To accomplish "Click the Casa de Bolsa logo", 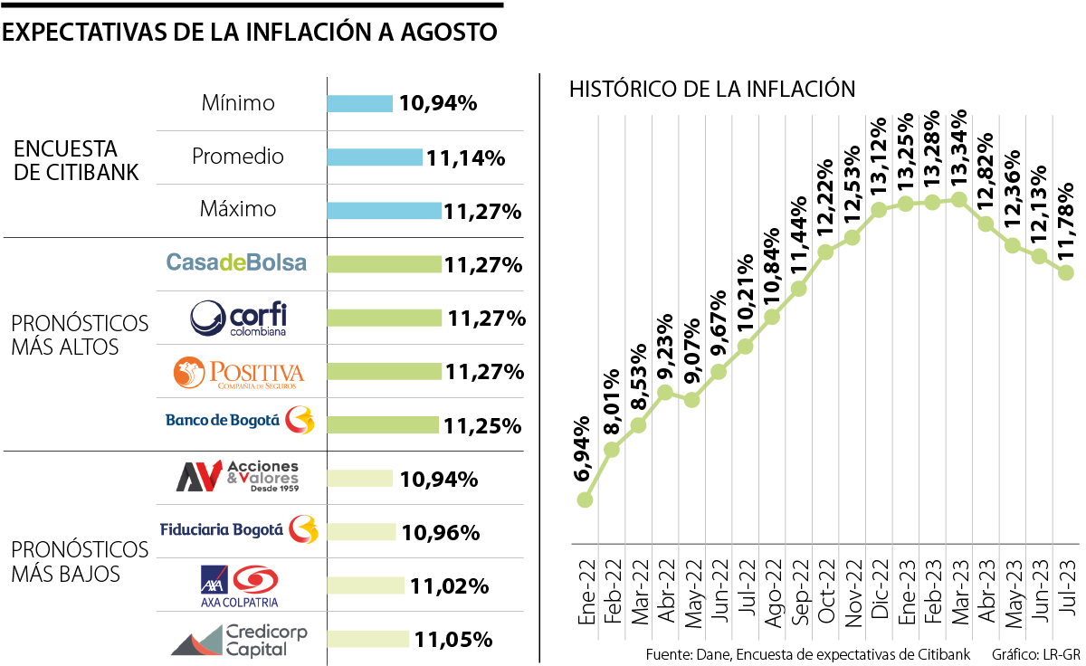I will pyautogui.click(x=236, y=263).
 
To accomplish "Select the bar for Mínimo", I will pyautogui.click(x=359, y=103).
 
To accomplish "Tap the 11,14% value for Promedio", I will pyautogui.click(x=465, y=157).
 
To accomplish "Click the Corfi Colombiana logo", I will pyautogui.click(x=238, y=318).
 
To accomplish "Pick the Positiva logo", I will pyautogui.click(x=238, y=372).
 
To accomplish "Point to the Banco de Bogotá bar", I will pyautogui.click(x=382, y=424).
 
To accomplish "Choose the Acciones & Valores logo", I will pyautogui.click(x=237, y=477).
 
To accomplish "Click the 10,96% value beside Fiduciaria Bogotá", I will pyautogui.click(x=440, y=532).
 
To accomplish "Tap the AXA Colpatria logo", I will pyautogui.click(x=238, y=585).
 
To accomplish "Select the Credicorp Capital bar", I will pyautogui.click(x=367, y=639).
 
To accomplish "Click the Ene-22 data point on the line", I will pyautogui.click(x=586, y=499).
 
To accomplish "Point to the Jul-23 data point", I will pyautogui.click(x=1065, y=272).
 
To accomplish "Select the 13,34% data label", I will pyautogui.click(x=958, y=149).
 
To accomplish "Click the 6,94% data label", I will pyautogui.click(x=585, y=449).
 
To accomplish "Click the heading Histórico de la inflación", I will pyautogui.click(x=712, y=89).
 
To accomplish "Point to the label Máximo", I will pyautogui.click(x=238, y=209).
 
